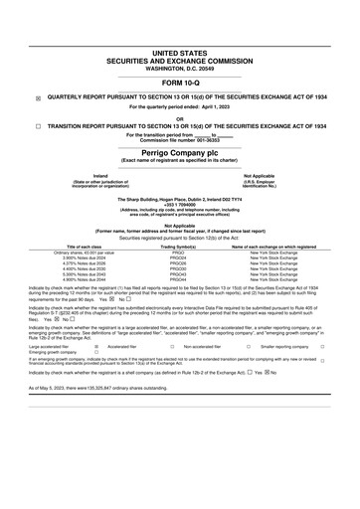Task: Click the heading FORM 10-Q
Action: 180,85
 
